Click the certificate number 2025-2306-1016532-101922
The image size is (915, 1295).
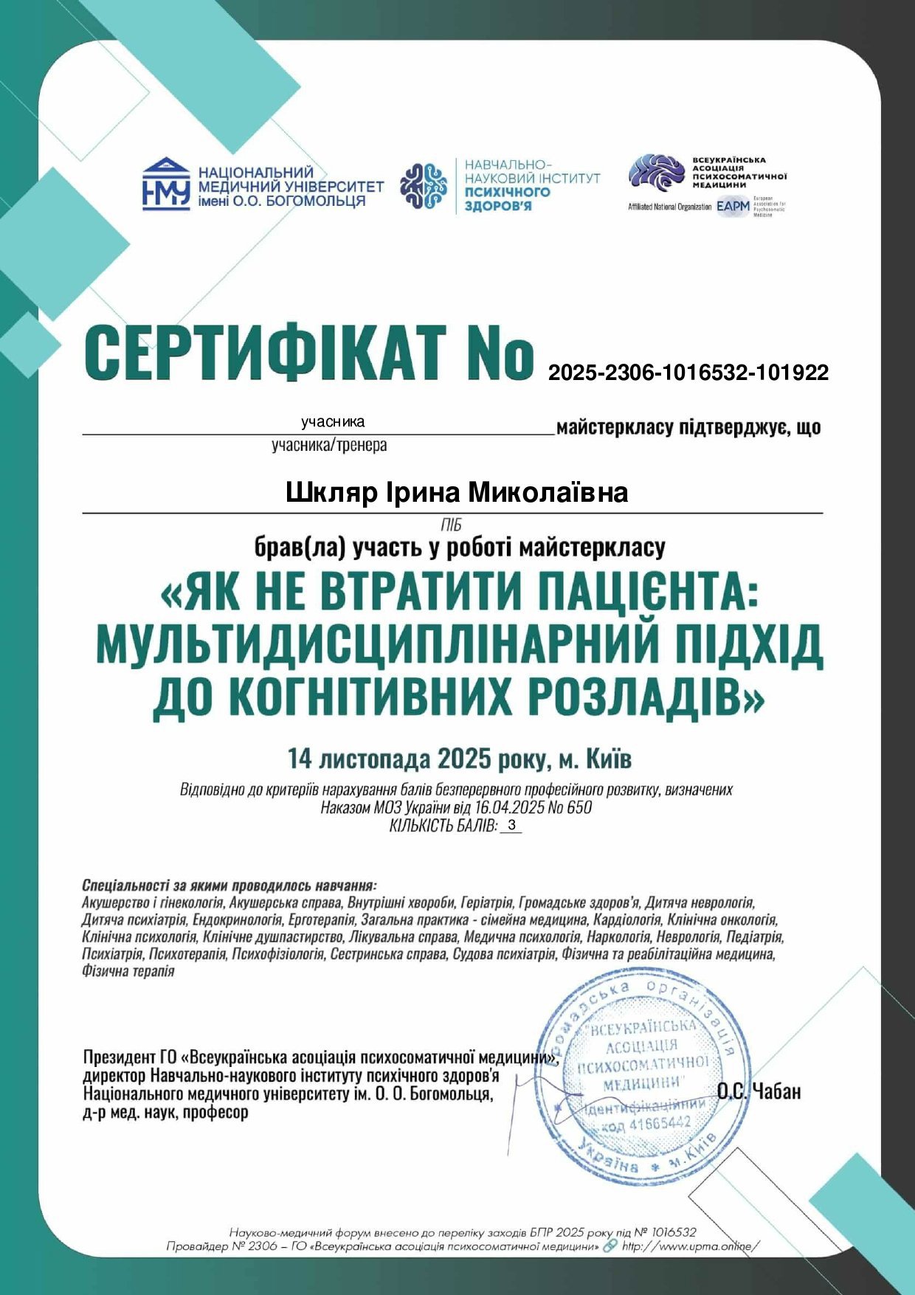tap(688, 373)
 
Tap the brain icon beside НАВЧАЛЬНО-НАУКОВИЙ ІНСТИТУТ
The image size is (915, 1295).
tap(424, 185)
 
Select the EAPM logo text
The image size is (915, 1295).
tap(732, 207)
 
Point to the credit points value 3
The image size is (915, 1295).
tap(511, 826)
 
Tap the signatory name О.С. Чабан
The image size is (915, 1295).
tap(759, 1091)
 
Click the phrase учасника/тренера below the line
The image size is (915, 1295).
tap(329, 446)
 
